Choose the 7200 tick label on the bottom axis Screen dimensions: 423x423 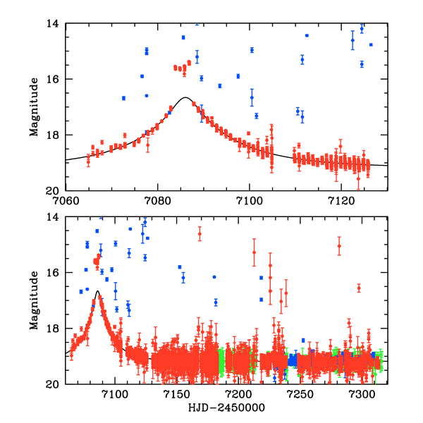coord(238,393)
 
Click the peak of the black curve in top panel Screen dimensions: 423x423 coord(185,97)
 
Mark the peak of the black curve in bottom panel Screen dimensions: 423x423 coord(97,291)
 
